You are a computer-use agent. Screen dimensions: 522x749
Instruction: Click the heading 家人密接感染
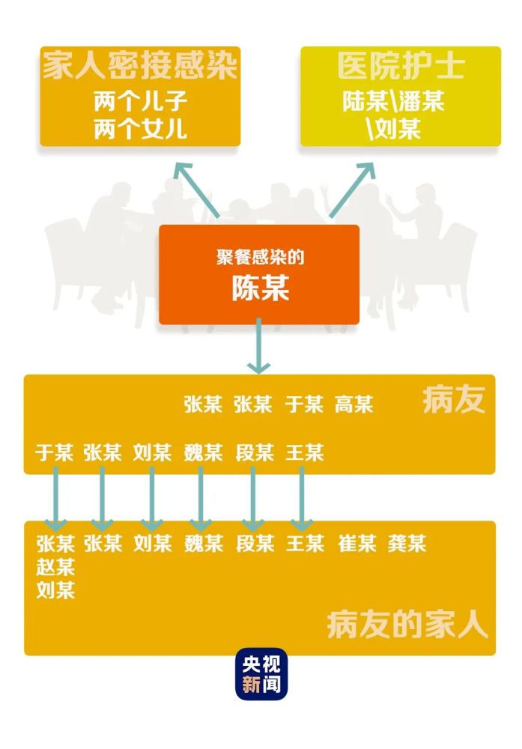click(x=140, y=66)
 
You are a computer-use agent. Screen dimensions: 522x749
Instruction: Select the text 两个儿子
click(x=140, y=101)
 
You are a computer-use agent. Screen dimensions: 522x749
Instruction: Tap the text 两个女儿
click(x=140, y=129)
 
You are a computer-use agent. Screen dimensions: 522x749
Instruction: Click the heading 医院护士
click(x=401, y=66)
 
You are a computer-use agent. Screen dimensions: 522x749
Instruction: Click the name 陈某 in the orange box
click(x=261, y=288)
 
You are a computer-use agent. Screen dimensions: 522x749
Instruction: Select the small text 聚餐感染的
click(x=260, y=258)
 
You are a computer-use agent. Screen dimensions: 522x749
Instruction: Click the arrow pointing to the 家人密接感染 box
click(x=197, y=190)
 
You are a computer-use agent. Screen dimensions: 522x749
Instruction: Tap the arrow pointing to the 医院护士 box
click(x=353, y=190)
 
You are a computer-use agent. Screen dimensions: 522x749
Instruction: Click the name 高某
click(x=353, y=404)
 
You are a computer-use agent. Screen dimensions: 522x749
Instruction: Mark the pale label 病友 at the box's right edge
click(x=454, y=400)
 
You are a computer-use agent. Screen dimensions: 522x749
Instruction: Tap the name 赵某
click(x=55, y=567)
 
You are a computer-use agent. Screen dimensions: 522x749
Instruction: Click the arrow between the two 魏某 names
click(x=201, y=499)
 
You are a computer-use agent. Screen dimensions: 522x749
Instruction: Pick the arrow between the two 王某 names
click(x=302, y=499)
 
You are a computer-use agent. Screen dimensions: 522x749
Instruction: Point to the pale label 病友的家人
click(x=407, y=625)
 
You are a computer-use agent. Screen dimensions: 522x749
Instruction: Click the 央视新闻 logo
click(x=261, y=674)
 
